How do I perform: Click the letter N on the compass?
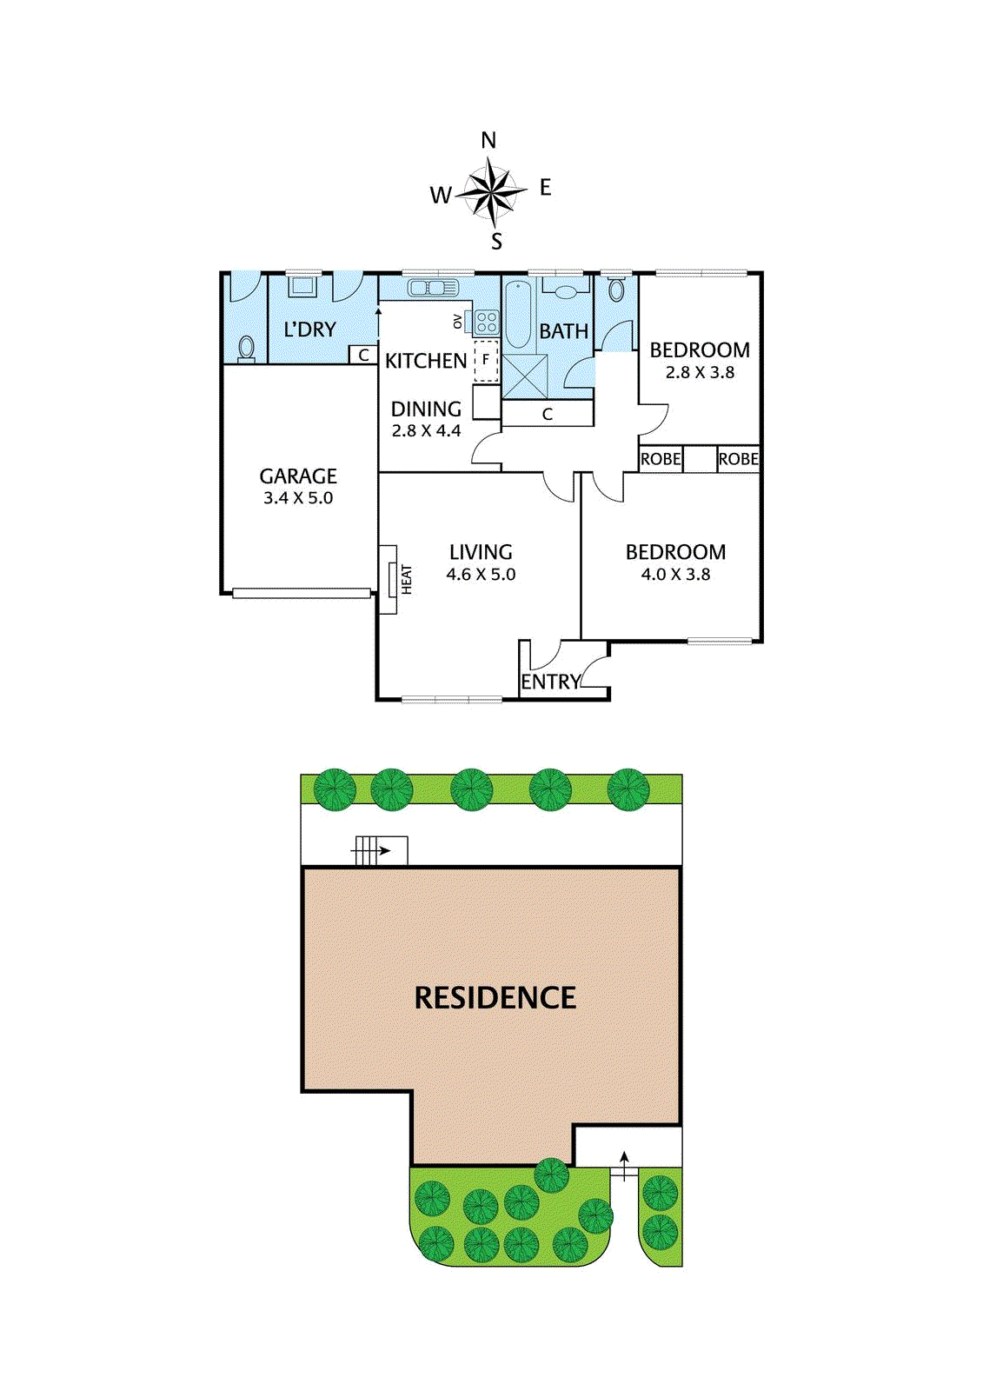488,140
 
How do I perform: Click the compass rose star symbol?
492,191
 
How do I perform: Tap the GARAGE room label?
298,476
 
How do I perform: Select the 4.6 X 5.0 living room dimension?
481,575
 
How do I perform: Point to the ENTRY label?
550,682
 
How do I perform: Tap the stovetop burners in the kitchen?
487,323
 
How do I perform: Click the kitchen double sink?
431,288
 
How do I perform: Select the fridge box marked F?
487,360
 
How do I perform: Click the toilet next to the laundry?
247,348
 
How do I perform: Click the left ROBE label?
661,459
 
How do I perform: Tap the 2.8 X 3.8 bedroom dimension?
700,373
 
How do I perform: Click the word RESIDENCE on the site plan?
495,998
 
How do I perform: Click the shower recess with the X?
525,376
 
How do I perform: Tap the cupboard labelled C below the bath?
548,414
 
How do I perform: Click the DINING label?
426,409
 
